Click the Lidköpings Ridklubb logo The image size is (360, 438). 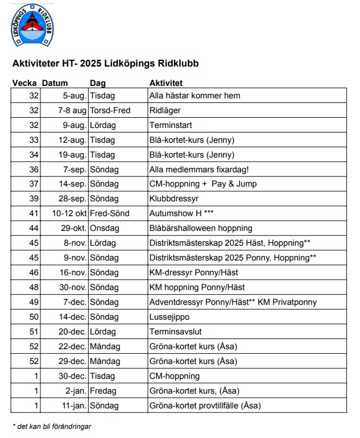point(32,28)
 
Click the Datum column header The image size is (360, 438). point(55,83)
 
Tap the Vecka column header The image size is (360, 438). point(24,83)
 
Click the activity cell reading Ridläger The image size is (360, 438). point(165,110)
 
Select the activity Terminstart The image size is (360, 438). point(171,125)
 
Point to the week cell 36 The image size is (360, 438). point(34,169)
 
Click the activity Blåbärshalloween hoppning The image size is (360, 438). point(200,228)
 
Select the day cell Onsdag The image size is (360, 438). point(103,228)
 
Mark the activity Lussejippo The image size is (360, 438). point(170,317)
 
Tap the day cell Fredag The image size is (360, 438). point(103,391)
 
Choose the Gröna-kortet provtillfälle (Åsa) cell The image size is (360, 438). point(205,406)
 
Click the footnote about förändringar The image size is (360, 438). point(52,426)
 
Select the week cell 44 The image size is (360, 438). point(34,228)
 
